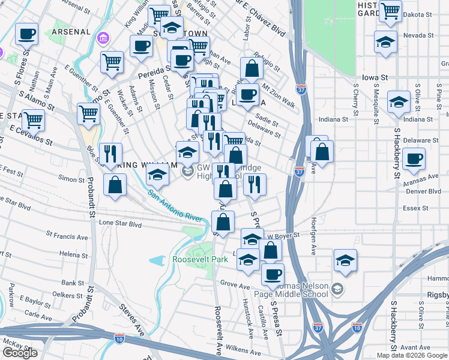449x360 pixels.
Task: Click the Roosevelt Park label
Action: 200,259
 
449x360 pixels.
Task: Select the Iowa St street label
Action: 376,78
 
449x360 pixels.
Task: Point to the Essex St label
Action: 415,208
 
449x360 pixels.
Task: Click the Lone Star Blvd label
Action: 120,223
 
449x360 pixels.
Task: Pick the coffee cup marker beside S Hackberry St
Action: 414,160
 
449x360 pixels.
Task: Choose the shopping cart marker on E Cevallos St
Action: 34,120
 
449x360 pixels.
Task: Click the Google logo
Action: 20,353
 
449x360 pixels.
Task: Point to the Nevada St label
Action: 418,36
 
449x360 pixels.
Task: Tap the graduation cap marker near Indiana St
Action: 399,102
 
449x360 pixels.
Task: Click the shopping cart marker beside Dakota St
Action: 390,11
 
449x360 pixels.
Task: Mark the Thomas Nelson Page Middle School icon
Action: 336,289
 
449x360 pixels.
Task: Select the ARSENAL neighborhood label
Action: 71,31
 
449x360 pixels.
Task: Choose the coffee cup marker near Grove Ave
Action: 273,275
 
